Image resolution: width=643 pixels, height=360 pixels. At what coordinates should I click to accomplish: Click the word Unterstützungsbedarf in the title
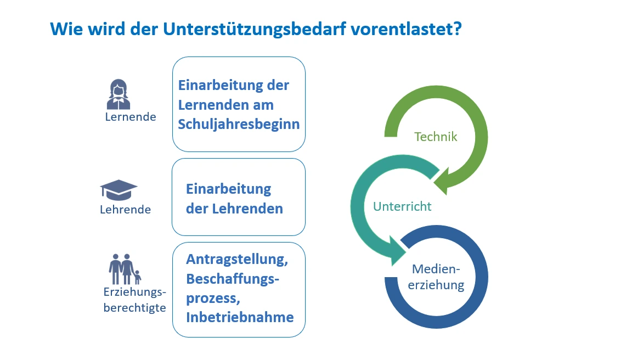(x=254, y=29)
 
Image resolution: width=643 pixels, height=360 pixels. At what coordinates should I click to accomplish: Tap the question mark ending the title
(x=458, y=29)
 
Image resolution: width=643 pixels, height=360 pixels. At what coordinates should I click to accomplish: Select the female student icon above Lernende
(x=119, y=94)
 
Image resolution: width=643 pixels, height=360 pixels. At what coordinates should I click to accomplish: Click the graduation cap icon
(x=119, y=190)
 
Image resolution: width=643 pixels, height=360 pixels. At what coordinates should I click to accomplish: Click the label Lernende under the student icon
(x=131, y=117)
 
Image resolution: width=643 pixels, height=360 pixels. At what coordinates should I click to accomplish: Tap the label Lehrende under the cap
(x=125, y=210)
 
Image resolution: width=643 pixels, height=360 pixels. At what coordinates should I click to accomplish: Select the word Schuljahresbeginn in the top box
(x=239, y=124)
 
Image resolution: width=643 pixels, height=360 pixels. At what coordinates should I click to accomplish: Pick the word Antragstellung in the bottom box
(x=237, y=260)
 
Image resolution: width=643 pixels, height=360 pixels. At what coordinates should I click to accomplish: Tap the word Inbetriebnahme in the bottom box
(x=240, y=317)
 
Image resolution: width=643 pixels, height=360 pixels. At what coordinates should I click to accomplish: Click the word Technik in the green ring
(x=436, y=137)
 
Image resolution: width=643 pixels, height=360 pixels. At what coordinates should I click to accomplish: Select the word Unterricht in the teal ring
(x=402, y=206)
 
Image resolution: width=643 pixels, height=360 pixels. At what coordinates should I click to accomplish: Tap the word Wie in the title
(x=66, y=29)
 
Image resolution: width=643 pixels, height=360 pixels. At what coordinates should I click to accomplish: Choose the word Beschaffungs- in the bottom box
(x=233, y=279)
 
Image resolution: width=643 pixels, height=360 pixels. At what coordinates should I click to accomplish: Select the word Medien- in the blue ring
(x=436, y=269)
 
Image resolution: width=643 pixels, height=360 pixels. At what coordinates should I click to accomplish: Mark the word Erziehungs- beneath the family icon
(x=134, y=292)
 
